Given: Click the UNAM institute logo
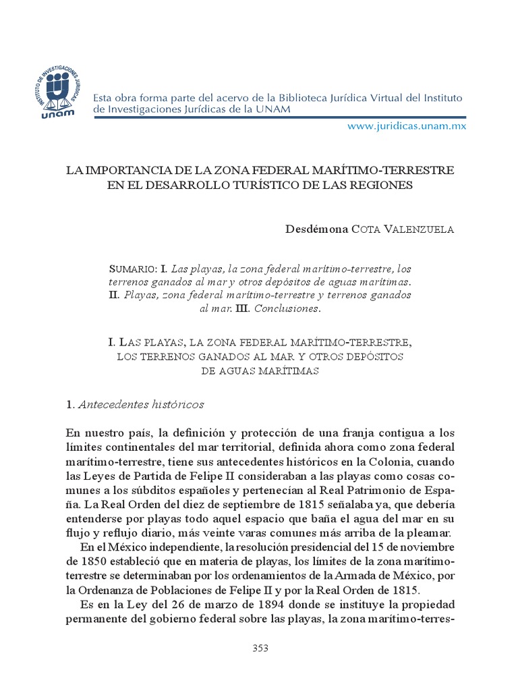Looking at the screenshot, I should tap(59, 93).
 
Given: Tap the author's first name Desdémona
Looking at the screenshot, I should tap(317, 229).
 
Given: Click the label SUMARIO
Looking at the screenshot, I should tap(132, 269).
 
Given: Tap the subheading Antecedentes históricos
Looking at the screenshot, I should tap(141, 405).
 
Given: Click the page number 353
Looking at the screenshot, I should tap(260, 648).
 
